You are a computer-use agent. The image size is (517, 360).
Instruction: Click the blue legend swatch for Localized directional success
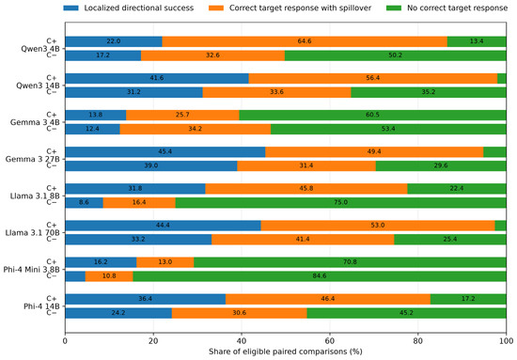pos(70,8)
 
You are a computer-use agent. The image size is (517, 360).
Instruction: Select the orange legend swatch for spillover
pos(216,8)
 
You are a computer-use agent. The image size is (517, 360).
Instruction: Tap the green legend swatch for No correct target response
pos(394,8)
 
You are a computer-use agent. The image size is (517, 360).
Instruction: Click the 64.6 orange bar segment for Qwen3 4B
pos(305,41)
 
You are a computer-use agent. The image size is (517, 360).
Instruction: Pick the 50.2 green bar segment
pos(396,55)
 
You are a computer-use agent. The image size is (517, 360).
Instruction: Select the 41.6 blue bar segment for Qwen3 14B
pos(157,78)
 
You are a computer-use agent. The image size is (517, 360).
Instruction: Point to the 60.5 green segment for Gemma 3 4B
pos(372,115)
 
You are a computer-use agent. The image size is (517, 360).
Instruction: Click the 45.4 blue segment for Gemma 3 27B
pos(165,152)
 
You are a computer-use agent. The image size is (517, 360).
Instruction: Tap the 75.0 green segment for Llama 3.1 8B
pos(340,202)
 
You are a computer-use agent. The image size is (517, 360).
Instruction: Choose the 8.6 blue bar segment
pos(84,202)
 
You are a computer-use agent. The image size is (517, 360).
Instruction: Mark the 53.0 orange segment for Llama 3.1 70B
pos(378,226)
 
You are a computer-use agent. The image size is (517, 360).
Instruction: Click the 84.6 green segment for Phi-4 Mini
pos(320,276)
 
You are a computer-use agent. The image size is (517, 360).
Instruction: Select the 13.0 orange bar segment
pos(165,262)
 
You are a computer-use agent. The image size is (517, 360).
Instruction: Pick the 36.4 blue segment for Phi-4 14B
pos(146,299)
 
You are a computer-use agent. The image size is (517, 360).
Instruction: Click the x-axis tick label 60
pos(330,341)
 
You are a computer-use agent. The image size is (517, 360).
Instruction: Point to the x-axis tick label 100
pos(506,341)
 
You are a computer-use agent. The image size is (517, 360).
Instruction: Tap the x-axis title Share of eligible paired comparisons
pos(286,352)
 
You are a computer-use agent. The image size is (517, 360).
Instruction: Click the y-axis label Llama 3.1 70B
pos(32,233)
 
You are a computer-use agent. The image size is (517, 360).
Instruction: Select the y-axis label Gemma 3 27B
pos(32,159)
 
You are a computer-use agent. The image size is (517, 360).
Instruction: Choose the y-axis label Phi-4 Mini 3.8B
pos(32,270)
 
